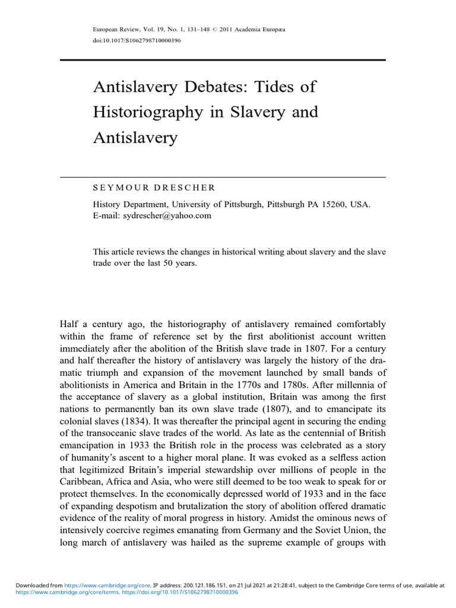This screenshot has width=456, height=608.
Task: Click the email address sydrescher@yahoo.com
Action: click(167, 216)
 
